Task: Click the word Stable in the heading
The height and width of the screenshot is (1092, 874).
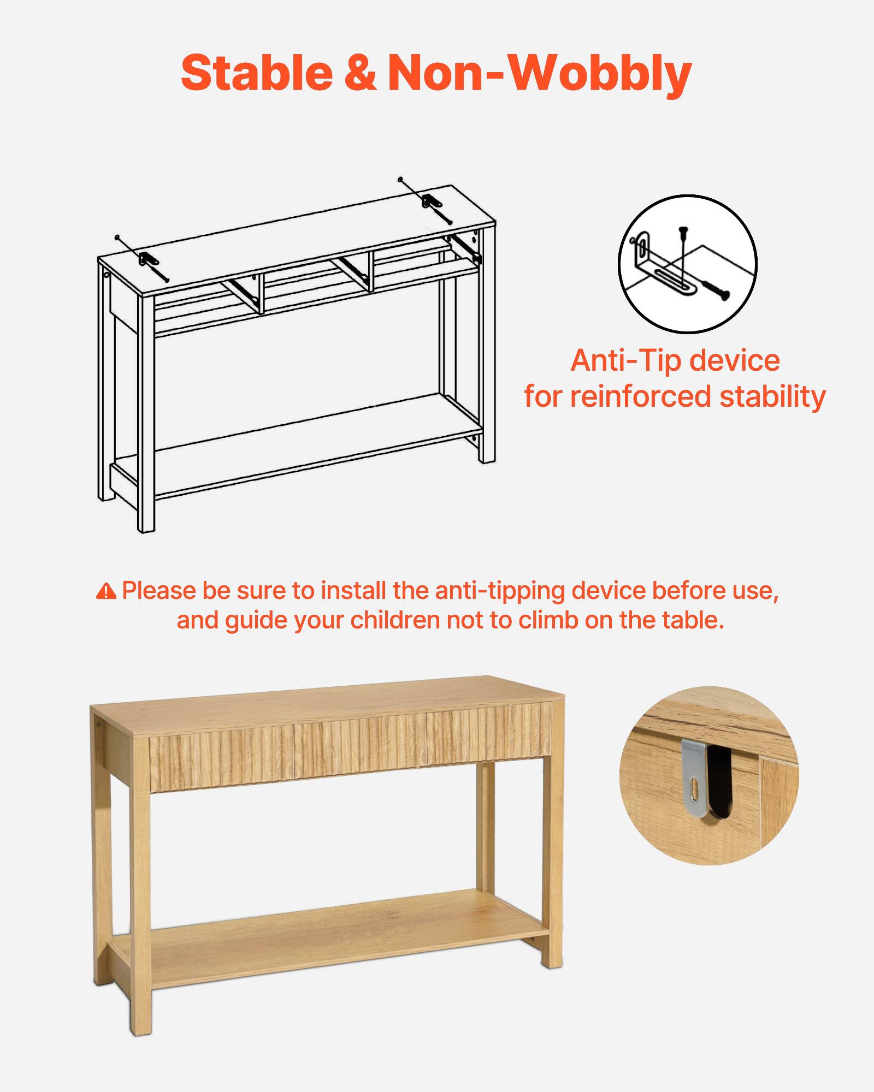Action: (x=257, y=73)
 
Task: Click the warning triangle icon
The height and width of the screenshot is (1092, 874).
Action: (x=106, y=591)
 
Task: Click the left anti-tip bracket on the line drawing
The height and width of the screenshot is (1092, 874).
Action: (x=146, y=259)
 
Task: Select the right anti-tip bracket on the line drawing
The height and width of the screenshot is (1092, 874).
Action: (x=429, y=201)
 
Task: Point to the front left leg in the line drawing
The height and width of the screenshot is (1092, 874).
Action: (x=146, y=415)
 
